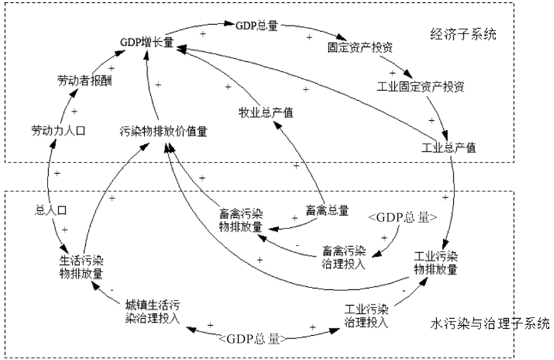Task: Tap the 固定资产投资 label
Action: pos(360,47)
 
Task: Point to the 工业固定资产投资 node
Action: pos(420,86)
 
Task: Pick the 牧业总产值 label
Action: pos(266,113)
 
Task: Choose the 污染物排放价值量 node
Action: pos(163,131)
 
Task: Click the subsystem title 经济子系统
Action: pos(464,35)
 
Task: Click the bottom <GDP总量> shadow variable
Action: pos(253,339)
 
